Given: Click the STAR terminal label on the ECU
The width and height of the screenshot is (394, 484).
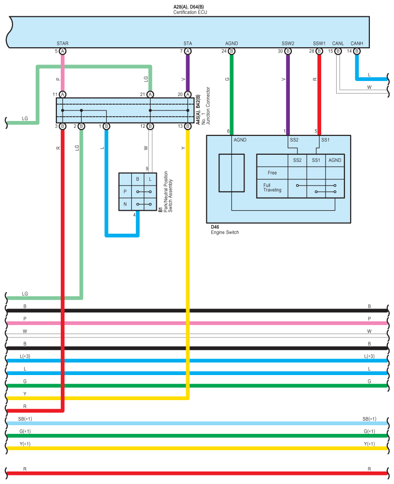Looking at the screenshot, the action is pos(62,43).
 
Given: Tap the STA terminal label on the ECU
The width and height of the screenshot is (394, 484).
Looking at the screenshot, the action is pos(188,43).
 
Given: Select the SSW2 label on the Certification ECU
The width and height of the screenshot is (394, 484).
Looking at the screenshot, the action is pos(288,43).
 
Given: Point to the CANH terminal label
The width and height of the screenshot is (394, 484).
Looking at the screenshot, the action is pos(357,43).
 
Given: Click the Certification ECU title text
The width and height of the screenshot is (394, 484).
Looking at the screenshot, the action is pos(190,13).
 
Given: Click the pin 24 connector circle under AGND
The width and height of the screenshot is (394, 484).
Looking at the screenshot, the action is pos(231,51).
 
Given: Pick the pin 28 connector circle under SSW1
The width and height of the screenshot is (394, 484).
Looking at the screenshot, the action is pos(319,51).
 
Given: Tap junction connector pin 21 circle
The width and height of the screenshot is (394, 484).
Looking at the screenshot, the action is pos(150,94).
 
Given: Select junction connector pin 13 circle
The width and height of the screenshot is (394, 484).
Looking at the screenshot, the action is pos(188,126).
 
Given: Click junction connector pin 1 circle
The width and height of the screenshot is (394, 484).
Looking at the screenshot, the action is pos(106,126).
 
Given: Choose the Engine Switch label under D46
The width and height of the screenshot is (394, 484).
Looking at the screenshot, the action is pos(225,232).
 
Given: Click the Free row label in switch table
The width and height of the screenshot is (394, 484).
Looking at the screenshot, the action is pos(272,173).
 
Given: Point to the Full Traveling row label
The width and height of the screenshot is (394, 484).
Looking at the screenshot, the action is pos(272,188).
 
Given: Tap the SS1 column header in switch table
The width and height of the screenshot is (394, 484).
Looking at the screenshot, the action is pos(316,160).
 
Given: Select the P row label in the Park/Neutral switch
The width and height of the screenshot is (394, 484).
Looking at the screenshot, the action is pos(125,192).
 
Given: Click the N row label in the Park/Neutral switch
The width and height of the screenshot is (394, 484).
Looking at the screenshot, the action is pos(125,204).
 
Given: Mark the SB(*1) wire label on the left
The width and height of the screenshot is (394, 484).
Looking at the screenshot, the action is pos(25,419).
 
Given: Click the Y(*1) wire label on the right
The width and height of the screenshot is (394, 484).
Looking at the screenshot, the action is pos(369,444).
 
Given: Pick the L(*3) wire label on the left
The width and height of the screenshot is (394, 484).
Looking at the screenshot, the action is pos(25,356).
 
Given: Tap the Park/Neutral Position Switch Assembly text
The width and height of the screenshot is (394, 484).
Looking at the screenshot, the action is pos(168,192).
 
